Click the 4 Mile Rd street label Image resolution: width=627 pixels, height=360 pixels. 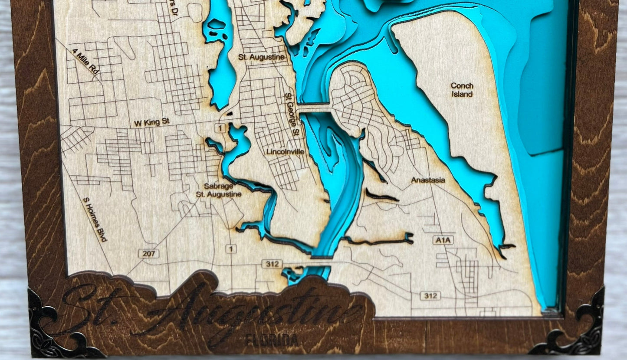pyautogui.click(x=85, y=62)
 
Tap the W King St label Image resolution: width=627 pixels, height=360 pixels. pyautogui.click(x=151, y=123)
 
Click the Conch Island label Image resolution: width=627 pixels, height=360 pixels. pyautogui.click(x=462, y=90)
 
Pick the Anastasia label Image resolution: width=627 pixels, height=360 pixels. pyautogui.click(x=428, y=180)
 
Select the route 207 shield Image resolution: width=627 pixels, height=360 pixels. pyautogui.click(x=148, y=253)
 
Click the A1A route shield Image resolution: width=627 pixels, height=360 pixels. pyautogui.click(x=443, y=240)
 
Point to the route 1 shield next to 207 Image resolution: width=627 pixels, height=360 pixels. pyautogui.click(x=232, y=249)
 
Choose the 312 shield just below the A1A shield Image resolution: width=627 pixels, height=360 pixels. pyautogui.click(x=430, y=295)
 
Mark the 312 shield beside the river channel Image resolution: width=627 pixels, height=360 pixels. pyautogui.click(x=272, y=264)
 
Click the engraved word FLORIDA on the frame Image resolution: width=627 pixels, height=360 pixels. pyautogui.click(x=272, y=340)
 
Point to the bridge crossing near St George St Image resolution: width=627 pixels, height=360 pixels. pyautogui.click(x=315, y=108)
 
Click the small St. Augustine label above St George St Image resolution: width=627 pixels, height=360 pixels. pyautogui.click(x=262, y=57)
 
